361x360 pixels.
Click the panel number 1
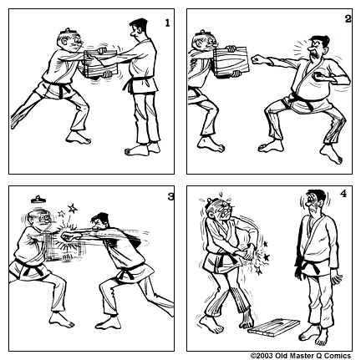pos(166,23)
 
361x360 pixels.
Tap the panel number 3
pos(170,196)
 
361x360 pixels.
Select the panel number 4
pos(342,194)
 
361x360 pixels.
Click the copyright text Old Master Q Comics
pos(304,355)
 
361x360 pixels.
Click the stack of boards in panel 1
pos(101,65)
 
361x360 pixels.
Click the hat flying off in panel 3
pos(38,199)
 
